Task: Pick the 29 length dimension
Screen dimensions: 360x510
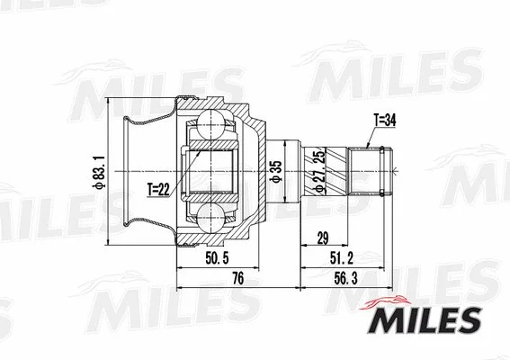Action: click(x=320, y=238)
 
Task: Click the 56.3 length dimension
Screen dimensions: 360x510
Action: click(x=344, y=278)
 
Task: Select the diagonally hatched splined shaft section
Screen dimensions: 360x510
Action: click(x=335, y=170)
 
